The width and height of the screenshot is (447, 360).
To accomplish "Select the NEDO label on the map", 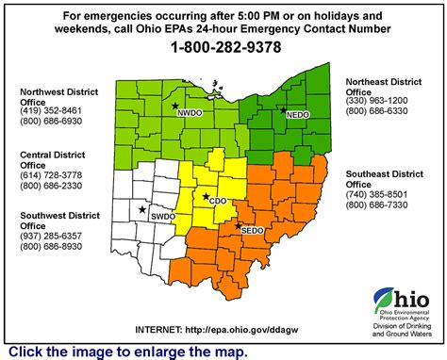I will tap(297, 113).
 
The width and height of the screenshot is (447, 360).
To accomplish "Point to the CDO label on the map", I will tap(218, 200).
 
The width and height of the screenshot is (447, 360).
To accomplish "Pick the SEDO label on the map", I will tap(252, 229).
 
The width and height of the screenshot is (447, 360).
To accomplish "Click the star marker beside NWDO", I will tap(175, 106).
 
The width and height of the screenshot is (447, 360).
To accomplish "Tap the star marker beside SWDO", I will tap(142, 209).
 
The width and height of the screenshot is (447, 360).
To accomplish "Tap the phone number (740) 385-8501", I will tap(377, 193).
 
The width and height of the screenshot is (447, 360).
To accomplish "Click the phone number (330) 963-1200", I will tap(377, 100).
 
